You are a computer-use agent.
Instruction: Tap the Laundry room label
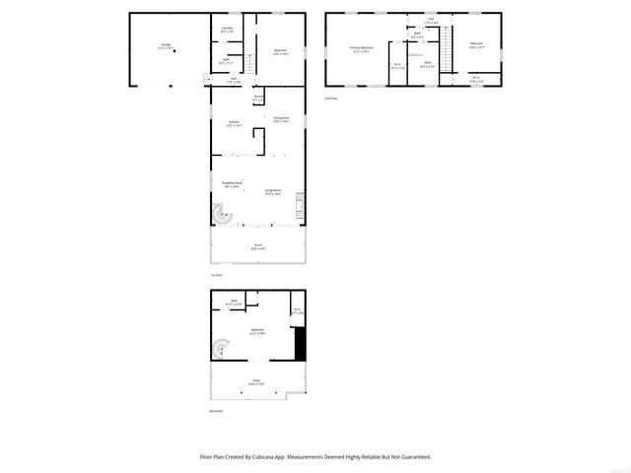pyautogui.click(x=227, y=29)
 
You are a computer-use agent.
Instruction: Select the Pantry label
pyautogui.click(x=258, y=98)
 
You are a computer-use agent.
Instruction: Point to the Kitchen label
pyautogui.click(x=234, y=122)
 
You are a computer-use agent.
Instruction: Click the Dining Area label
pyautogui.click(x=281, y=119)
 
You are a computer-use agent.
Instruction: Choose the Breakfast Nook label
pyautogui.click(x=230, y=183)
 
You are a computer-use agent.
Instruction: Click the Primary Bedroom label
pyautogui.click(x=361, y=48)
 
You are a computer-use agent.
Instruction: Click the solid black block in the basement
pyautogui.click(x=301, y=344)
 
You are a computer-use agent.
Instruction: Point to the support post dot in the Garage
pyautogui.click(x=175, y=53)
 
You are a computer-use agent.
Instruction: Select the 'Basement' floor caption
pyautogui.click(x=216, y=411)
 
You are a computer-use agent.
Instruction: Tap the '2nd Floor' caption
pyautogui.click(x=331, y=99)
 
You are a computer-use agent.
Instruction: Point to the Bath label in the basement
pyautogui.click(x=234, y=302)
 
